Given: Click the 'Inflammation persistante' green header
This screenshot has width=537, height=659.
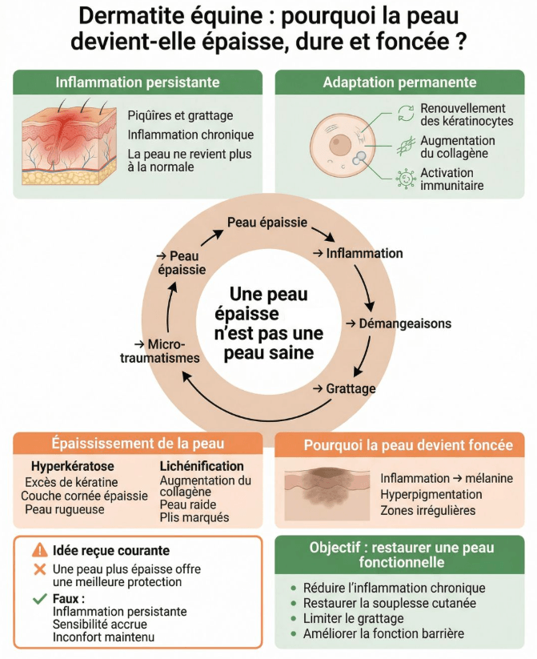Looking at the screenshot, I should click(x=137, y=82).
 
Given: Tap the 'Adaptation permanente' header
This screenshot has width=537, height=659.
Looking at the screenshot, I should click(x=399, y=82).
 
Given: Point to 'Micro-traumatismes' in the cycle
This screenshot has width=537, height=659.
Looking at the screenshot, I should click(x=160, y=351).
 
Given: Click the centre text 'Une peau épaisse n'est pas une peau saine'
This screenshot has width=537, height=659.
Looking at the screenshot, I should click(x=268, y=323).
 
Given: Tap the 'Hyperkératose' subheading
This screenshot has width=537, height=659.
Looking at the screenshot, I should click(x=72, y=465).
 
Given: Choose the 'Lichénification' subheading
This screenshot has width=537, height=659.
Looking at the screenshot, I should click(x=202, y=465).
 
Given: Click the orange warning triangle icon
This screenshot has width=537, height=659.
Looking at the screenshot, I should click(x=39, y=550).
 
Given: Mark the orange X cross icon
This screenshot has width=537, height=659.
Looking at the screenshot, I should click(x=38, y=569).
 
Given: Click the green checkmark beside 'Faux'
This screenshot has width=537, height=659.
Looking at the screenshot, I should click(x=38, y=597).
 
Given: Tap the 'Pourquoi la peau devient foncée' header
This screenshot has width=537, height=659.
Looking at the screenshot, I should click(x=403, y=445).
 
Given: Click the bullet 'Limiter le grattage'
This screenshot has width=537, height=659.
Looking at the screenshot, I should click(x=353, y=617).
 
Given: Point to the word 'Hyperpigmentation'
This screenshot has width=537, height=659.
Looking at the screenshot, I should click(x=431, y=494).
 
